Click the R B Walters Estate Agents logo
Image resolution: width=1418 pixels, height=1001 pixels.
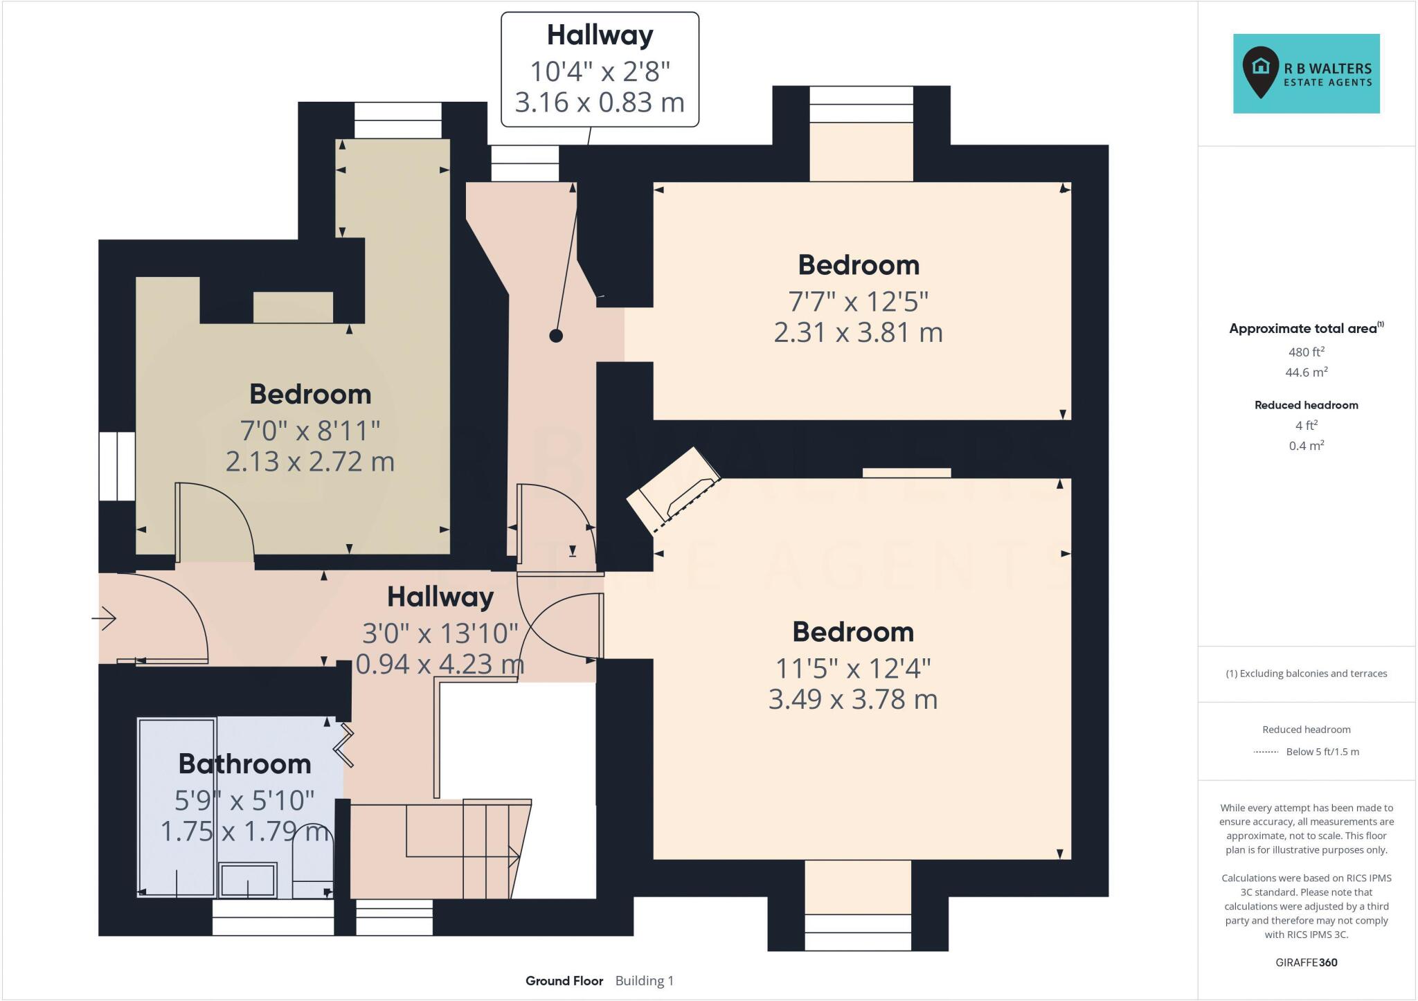point(1306,73)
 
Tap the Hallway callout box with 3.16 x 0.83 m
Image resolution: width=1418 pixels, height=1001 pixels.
point(600,70)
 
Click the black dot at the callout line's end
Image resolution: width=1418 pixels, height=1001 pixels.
point(555,336)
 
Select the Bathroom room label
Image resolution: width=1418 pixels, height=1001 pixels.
point(244,764)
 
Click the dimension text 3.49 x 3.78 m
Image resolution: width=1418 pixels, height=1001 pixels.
point(852,699)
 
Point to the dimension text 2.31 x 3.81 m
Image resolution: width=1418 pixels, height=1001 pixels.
point(858,332)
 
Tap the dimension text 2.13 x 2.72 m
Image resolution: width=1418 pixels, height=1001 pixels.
point(309,461)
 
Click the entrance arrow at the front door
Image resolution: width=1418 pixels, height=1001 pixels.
point(105,618)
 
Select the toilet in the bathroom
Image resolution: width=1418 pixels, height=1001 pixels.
point(313,862)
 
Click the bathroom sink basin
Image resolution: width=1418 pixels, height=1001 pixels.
point(248,880)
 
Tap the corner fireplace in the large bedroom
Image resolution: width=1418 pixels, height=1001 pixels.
point(674,492)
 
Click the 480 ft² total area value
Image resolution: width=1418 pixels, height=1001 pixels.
point(1306,352)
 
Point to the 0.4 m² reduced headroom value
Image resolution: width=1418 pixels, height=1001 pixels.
point(1306,446)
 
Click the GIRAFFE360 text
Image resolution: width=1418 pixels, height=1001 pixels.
point(1306,962)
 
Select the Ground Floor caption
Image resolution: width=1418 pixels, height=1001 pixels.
point(564,981)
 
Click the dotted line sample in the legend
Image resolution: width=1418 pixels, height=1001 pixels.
point(1266,752)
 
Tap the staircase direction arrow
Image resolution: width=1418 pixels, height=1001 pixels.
point(514,856)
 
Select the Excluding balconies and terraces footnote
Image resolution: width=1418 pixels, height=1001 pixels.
point(1306,674)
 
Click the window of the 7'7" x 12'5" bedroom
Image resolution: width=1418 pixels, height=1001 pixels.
point(861,104)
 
